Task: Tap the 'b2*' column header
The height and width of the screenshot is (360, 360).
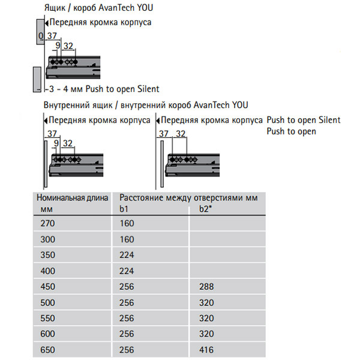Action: pyautogui.click(x=205, y=209)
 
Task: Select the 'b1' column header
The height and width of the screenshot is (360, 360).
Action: pyautogui.click(x=124, y=209)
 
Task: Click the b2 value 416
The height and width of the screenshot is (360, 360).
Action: pyautogui.click(x=206, y=350)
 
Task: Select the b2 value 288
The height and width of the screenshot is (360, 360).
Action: pyautogui.click(x=206, y=286)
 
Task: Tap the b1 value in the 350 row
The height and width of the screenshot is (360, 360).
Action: pyautogui.click(x=127, y=254)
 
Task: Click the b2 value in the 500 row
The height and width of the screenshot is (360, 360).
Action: pyautogui.click(x=206, y=302)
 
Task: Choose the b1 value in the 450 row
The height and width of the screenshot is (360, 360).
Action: pyautogui.click(x=127, y=286)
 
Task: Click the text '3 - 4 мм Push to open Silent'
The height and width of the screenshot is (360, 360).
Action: pyautogui.click(x=103, y=89)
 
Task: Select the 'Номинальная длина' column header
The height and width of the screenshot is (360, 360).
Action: pyautogui.click(x=71, y=197)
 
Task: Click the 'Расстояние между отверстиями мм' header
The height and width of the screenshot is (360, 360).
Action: pyautogui.click(x=188, y=197)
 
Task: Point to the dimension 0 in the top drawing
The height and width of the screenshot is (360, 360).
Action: pyautogui.click(x=40, y=36)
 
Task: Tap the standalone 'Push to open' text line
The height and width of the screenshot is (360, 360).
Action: pyautogui.click(x=292, y=131)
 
